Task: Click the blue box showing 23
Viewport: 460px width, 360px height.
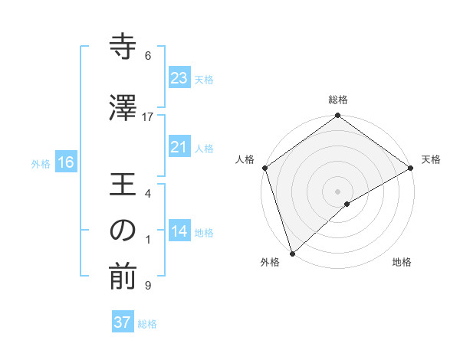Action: click(179, 77)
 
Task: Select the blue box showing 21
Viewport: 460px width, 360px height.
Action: click(179, 147)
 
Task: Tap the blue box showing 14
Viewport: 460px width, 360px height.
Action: click(179, 231)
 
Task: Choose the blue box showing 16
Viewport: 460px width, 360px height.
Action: click(65, 162)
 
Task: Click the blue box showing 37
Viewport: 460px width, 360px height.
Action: click(123, 322)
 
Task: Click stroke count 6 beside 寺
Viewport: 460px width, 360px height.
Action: click(148, 55)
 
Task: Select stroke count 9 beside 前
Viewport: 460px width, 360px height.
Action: click(148, 286)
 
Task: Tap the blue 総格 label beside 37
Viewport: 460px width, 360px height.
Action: click(147, 324)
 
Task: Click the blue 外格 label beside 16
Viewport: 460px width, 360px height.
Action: click(41, 163)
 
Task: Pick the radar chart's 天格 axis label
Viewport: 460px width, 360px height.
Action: click(431, 159)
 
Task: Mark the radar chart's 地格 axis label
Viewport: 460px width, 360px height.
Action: click(402, 263)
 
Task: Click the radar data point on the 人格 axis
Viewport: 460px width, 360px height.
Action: click(264, 167)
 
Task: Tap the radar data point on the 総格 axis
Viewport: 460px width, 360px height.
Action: click(337, 116)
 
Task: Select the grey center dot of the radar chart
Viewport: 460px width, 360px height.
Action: click(337, 191)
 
